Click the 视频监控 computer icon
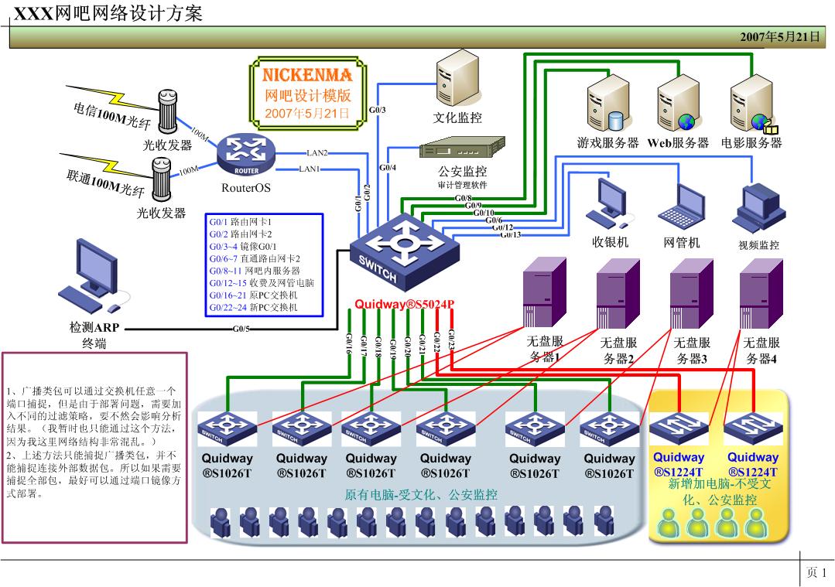pyautogui.click(x=758, y=207)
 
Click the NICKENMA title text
pyautogui.click(x=307, y=75)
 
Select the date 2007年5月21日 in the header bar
pyautogui.click(x=779, y=36)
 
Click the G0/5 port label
pyautogui.click(x=241, y=329)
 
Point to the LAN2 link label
pyautogui.click(x=317, y=153)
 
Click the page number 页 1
pyautogui.click(x=816, y=572)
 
